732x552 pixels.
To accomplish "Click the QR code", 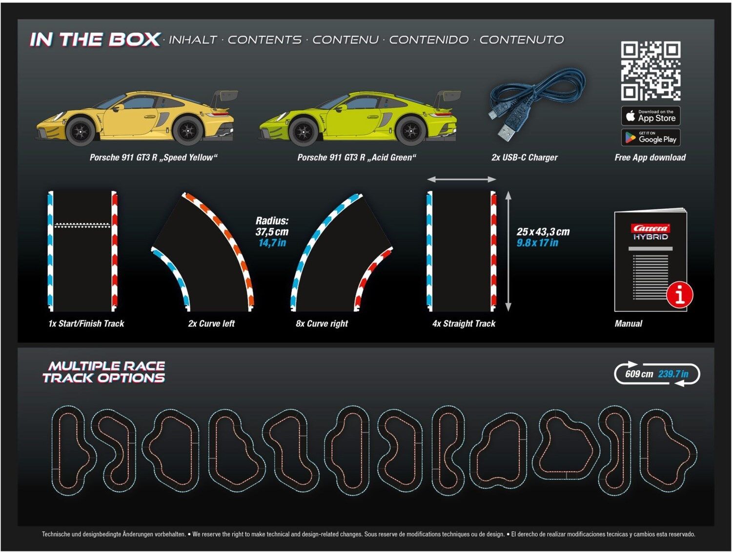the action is [651, 71].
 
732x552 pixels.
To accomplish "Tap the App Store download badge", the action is [651, 116].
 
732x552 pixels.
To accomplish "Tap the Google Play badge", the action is [651, 137].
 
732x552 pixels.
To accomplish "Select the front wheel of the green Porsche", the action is [304, 131].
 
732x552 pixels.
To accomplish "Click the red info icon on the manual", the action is [679, 295].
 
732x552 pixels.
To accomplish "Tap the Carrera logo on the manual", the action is [651, 228].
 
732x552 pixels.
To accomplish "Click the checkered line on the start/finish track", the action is [82, 226].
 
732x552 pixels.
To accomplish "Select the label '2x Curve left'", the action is [211, 323].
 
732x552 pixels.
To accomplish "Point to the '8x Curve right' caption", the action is [322, 323].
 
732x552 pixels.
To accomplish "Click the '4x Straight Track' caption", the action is [464, 323].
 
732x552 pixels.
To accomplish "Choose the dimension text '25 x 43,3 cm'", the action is [543, 232].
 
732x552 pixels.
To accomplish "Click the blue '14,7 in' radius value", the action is [272, 243].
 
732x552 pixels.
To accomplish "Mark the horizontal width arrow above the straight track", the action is [462, 180].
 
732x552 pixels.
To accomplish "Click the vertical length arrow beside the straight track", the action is [508, 251].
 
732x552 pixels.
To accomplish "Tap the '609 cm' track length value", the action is [639, 374].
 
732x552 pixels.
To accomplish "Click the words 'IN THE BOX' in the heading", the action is [95, 40].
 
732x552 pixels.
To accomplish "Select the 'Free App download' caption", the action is [651, 157].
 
